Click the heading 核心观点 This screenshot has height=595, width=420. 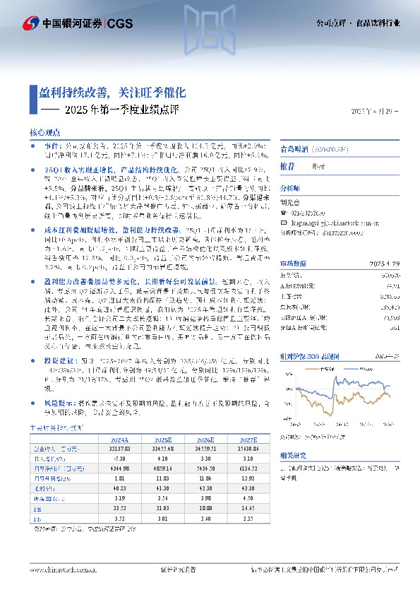tap(44, 132)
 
